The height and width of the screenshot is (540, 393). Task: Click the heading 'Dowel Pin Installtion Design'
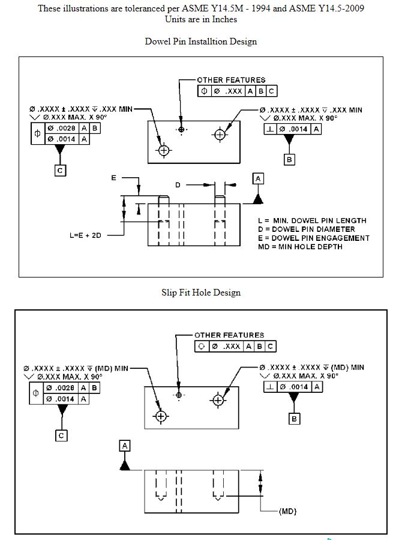pos(200,41)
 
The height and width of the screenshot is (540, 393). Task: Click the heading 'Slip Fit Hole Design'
pos(200,293)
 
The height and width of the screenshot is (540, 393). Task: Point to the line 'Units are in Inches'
pos(200,19)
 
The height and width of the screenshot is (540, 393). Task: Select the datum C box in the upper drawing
pos(60,171)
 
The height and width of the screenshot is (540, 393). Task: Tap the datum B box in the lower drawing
pos(294,419)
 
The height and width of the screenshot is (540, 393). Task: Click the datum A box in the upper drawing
pos(258,179)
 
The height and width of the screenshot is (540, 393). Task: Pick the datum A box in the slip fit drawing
pos(125,445)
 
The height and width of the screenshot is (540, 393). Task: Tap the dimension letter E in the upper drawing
pos(113,178)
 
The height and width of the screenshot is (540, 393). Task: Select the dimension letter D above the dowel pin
pos(178,185)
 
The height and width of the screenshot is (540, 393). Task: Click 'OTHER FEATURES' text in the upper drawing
pos(231,80)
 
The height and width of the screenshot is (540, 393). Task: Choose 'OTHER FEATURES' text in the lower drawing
pos(229,335)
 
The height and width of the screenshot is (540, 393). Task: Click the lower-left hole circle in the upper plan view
pos(164,150)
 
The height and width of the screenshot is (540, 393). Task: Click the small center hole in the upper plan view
pos(181,129)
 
